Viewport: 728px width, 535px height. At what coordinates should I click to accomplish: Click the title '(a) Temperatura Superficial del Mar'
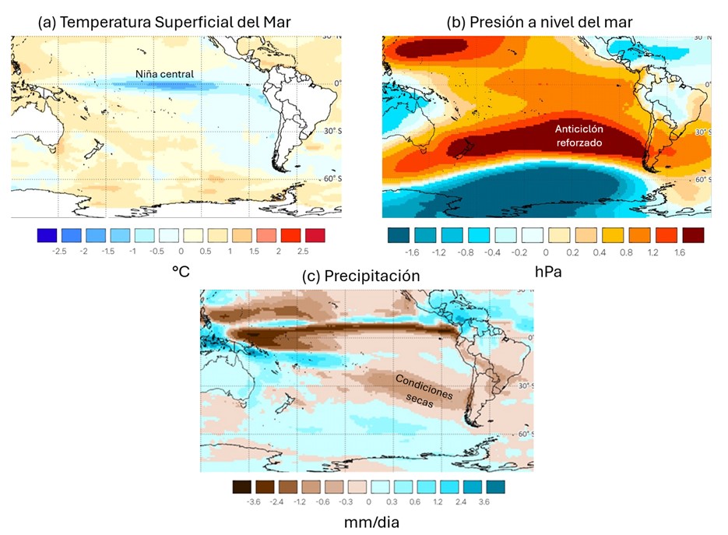coord(164,23)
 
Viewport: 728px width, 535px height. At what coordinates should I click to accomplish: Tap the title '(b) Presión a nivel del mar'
coord(540,23)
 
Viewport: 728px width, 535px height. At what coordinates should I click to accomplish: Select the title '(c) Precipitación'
coord(360,276)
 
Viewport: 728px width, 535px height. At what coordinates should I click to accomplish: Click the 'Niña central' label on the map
coord(164,74)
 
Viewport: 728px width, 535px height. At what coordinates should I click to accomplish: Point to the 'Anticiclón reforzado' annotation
coord(580,136)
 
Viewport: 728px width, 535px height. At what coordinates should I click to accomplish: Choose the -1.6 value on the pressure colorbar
coord(411,253)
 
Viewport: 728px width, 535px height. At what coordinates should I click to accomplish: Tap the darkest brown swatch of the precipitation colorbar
coord(242,487)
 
